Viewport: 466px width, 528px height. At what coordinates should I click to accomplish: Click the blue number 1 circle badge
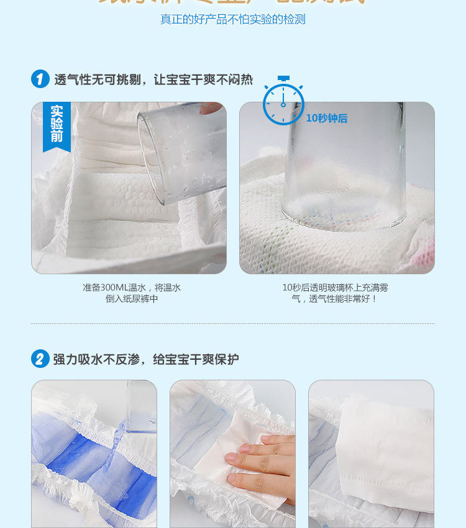(40, 79)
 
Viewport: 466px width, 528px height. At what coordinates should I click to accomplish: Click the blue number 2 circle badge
(40, 359)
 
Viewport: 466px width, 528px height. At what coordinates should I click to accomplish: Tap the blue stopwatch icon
(283, 103)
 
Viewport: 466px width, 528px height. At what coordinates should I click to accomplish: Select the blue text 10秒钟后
(327, 118)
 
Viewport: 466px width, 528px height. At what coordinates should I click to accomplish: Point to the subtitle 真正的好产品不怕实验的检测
(233, 19)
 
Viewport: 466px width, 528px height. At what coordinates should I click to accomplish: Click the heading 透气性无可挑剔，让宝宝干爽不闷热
(153, 79)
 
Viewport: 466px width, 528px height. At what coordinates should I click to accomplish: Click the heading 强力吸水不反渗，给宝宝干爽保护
(146, 359)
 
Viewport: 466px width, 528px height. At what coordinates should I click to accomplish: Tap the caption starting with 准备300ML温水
(132, 293)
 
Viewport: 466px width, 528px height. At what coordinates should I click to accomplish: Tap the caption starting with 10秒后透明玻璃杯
(335, 293)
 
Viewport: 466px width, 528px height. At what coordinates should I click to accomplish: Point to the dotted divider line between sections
(233, 323)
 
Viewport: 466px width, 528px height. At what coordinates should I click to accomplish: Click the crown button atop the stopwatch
(283, 79)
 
